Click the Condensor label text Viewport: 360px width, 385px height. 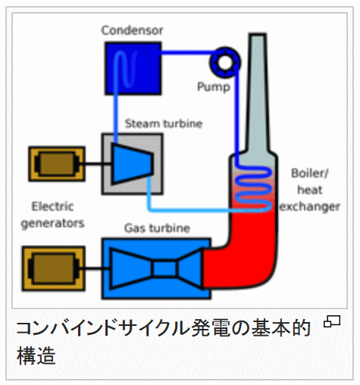tap(132, 30)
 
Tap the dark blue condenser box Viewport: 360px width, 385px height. tap(133, 68)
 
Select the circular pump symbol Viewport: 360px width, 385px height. tap(225, 62)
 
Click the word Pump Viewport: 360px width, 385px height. tap(214, 87)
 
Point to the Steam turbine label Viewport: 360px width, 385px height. tap(164, 124)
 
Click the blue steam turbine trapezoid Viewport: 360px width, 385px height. tap(132, 164)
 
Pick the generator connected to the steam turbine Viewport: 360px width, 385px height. tap(57, 164)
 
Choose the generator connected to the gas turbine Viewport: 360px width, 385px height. tap(54, 268)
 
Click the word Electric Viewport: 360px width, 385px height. tap(52, 206)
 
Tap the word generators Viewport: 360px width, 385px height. tap(52, 224)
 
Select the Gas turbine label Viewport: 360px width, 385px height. tap(157, 228)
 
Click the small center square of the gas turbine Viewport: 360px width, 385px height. tap(165, 269)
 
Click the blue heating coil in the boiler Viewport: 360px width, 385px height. tap(253, 188)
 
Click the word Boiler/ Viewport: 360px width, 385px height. tap(310, 174)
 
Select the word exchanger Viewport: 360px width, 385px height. tap(310, 207)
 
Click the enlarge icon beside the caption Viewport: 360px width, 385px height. tap(332, 321)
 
